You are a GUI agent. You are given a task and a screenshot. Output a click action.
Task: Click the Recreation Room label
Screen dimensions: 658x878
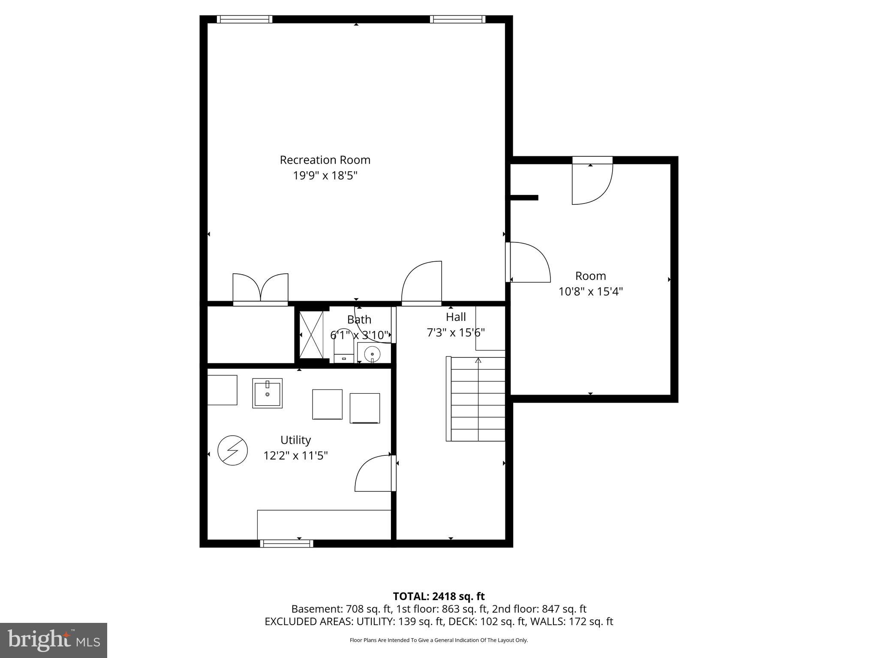click(325, 160)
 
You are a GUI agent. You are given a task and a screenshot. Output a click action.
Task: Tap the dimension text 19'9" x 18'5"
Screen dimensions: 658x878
click(325, 176)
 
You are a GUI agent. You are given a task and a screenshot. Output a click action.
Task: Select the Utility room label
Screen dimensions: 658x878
click(295, 440)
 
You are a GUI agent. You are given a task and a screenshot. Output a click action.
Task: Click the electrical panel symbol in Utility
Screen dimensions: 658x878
click(233, 451)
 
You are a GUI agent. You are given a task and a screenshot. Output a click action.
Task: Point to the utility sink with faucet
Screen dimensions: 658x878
click(267, 393)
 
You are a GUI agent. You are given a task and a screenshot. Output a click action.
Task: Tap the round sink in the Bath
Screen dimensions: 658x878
click(372, 354)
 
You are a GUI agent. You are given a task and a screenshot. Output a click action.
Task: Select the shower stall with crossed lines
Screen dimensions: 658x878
click(311, 335)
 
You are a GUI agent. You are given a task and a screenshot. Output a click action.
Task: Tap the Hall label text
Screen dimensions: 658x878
click(456, 317)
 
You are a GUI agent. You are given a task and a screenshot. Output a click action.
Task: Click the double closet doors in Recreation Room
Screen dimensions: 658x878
click(260, 288)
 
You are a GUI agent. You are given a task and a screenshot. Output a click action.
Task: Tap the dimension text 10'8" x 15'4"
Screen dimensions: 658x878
click(590, 292)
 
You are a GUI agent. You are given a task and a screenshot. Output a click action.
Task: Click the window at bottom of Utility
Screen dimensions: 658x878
click(286, 544)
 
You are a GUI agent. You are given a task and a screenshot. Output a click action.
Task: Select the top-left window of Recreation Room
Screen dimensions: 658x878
click(244, 19)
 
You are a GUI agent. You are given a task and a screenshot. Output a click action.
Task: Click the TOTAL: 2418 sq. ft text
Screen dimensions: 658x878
click(439, 596)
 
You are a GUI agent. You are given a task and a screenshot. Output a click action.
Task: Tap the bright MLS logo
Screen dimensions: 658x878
click(54, 640)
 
